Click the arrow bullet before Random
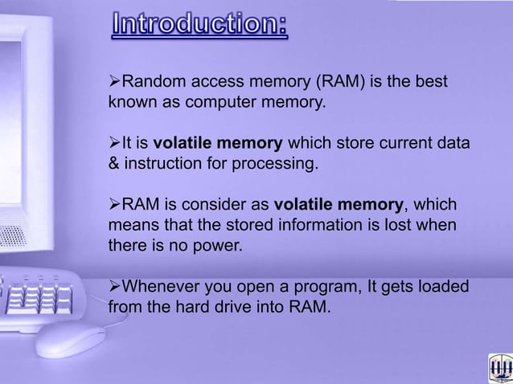(x=113, y=83)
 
